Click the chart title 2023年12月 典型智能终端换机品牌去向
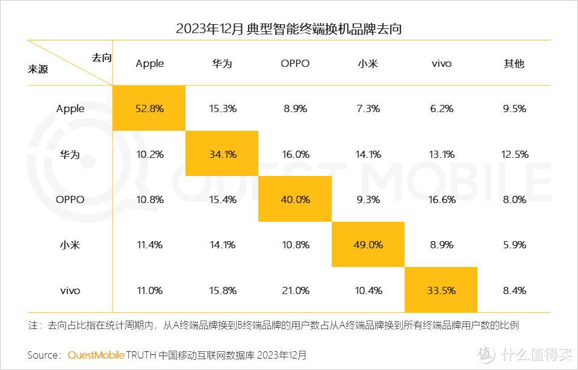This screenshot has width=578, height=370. point(288,29)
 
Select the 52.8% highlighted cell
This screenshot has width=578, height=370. point(150,108)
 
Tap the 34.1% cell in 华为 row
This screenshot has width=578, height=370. point(222,154)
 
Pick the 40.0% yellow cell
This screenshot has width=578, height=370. point(295,199)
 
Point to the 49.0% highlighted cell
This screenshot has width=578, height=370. point(368,245)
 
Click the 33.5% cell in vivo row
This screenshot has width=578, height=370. point(441,290)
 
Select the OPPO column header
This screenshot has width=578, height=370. point(295,63)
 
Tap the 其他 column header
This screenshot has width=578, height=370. point(514,63)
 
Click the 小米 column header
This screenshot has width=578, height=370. point(368,63)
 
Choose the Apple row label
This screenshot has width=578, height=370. point(70,108)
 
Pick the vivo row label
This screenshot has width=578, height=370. point(70,290)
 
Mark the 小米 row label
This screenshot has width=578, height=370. point(70,245)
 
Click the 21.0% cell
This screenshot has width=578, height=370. point(295,290)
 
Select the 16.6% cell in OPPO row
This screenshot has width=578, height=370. point(441,199)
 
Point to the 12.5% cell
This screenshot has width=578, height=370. point(514,154)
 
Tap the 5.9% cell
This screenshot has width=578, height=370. point(514,245)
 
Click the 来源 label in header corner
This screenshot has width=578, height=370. point(38,69)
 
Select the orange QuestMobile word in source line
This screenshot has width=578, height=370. point(96,355)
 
